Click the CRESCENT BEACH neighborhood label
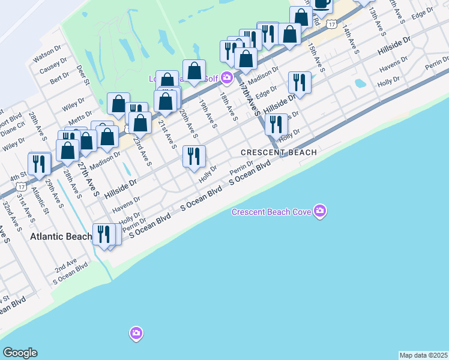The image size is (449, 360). click(279, 152)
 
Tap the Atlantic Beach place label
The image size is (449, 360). click(61, 236)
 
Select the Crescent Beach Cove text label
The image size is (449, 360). click(272, 212)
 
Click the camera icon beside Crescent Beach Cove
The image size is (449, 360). click(320, 211)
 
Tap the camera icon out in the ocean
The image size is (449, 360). click(136, 333)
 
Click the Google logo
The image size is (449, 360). click(20, 353)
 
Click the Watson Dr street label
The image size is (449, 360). click(48, 58)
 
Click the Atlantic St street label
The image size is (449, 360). click(41, 202)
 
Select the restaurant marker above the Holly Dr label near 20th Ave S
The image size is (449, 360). click(194, 157)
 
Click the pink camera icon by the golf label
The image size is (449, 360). click(226, 77)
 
